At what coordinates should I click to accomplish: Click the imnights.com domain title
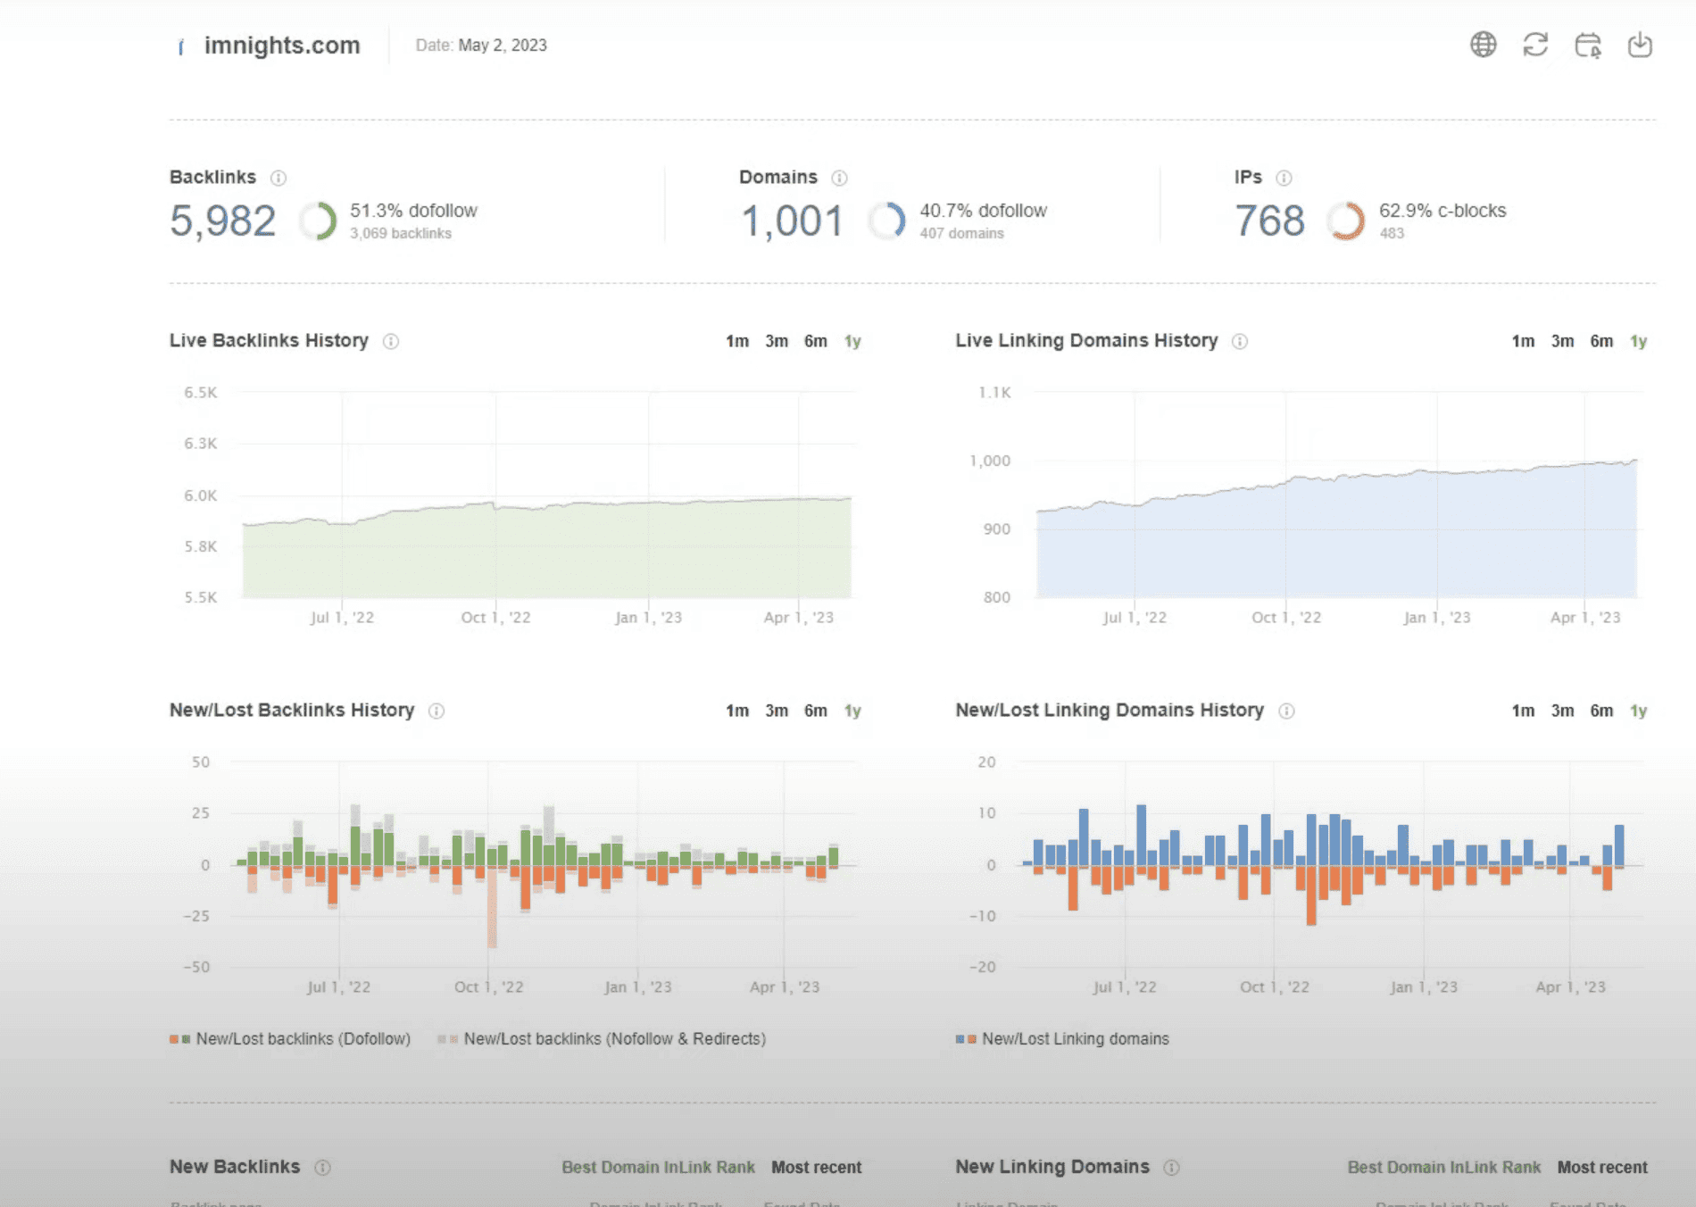pos(281,46)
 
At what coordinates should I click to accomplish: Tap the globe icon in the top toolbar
pos(1483,45)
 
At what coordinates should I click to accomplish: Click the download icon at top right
pos(1640,45)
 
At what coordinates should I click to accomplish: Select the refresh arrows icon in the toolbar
pos(1535,45)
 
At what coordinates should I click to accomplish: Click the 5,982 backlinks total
pos(223,221)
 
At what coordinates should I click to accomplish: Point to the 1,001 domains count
pos(793,221)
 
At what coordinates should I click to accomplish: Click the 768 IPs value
pos(1269,221)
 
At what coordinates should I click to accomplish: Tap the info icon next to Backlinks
pos(279,178)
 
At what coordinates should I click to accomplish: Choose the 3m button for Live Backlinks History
pos(776,341)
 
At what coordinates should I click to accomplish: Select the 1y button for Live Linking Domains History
pos(1638,341)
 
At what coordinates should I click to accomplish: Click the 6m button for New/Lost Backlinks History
pos(815,711)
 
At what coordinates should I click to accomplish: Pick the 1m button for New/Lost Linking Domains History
pos(1523,711)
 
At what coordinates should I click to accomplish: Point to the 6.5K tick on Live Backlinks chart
pos(201,393)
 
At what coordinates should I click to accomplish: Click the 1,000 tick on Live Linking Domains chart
pos(990,461)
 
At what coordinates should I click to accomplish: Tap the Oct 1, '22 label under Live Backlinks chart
pos(495,618)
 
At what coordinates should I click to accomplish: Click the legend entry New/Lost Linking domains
pos(1075,1039)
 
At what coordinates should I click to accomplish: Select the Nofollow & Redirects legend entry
pos(614,1039)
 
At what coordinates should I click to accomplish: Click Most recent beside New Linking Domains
pos(1602,1168)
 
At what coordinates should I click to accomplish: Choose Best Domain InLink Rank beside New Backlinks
pos(658,1168)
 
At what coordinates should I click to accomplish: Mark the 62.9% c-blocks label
pos(1442,211)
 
